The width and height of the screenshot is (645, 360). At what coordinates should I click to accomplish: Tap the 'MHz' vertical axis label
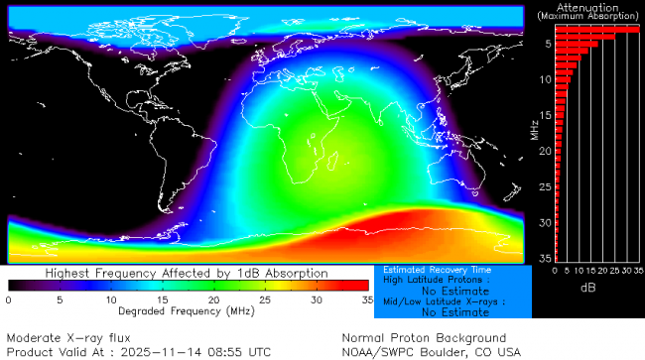tap(534, 129)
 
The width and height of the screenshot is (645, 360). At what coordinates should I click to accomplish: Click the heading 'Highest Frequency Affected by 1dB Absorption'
tap(187, 273)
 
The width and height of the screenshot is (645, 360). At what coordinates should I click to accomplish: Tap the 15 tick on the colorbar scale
tap(162, 299)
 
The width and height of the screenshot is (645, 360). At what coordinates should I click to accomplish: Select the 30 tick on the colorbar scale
tap(316, 299)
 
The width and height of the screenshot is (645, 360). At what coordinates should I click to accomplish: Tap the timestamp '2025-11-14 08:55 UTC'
tap(199, 351)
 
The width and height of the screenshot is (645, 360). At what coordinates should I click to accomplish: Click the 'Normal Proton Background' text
tap(424, 337)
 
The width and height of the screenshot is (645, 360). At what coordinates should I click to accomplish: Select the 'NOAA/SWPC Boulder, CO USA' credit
tap(431, 351)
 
